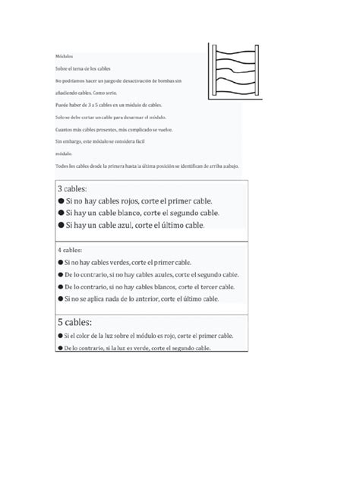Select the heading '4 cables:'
tap(71, 249)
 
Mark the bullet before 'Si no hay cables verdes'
tap(60, 261)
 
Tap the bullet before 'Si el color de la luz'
tap(60, 335)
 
